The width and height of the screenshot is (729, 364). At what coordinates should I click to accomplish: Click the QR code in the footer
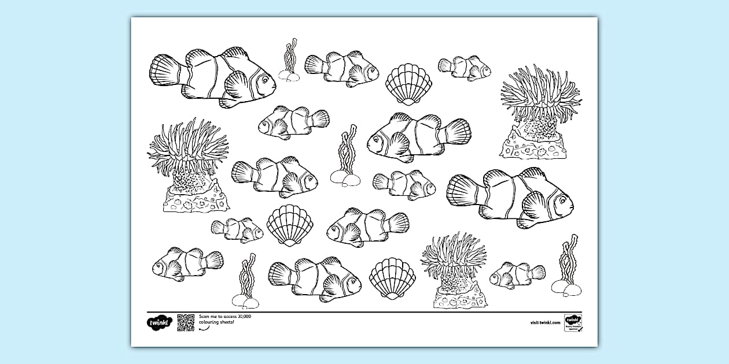[x=186, y=322]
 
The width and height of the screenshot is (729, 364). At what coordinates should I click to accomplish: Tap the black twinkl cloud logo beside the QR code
[x=159, y=322]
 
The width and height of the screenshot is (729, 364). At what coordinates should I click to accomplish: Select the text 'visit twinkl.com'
[x=545, y=322]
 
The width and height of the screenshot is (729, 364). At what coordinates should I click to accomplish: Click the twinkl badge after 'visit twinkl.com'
[x=573, y=322]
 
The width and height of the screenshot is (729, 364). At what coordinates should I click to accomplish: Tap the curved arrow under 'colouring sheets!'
[x=203, y=329]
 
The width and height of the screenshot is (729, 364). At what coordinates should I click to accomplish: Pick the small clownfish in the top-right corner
[x=465, y=68]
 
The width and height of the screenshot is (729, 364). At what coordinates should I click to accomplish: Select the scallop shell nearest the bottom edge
[x=392, y=278]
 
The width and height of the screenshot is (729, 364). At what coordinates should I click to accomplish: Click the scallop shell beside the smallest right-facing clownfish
[x=290, y=225]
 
